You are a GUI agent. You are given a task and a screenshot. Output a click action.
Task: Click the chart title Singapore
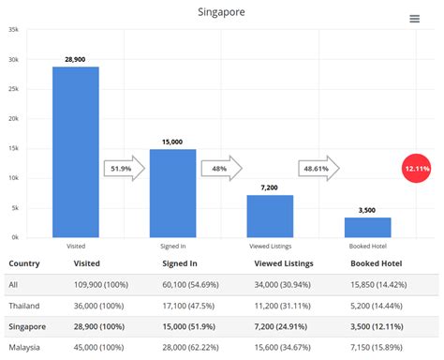(222, 12)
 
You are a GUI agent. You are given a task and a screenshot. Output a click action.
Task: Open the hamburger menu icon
(415, 19)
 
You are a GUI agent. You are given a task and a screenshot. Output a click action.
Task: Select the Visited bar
(76, 151)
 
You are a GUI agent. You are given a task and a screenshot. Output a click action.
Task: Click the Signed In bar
(173, 192)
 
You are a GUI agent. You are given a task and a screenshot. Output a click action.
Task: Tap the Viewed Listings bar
(271, 216)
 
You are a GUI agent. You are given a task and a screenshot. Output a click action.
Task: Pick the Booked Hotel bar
(368, 227)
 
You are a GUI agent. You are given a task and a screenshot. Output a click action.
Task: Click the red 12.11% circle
(416, 168)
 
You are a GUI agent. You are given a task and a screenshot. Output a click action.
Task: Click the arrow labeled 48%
(221, 169)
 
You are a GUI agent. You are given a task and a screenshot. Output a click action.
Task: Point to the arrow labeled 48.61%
(318, 169)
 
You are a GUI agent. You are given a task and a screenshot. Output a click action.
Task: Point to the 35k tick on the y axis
(13, 30)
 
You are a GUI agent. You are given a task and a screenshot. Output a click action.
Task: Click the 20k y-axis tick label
(13, 119)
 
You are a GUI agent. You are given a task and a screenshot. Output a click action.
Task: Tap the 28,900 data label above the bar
(76, 59)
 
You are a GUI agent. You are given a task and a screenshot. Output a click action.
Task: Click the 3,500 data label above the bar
(368, 211)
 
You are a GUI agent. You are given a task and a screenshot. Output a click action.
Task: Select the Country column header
(23, 264)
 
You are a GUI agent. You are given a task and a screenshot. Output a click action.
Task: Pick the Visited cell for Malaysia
(102, 348)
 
